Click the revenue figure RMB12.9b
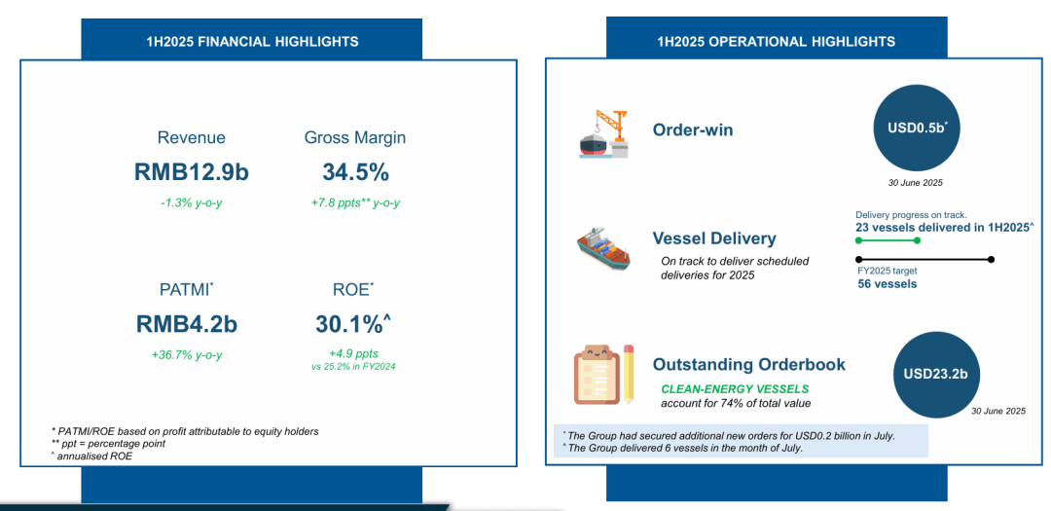point(191,172)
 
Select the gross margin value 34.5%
point(355,172)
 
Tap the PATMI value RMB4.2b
point(186,324)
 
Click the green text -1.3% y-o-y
point(192,202)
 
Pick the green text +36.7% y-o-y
point(187,354)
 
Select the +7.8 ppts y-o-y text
point(355,202)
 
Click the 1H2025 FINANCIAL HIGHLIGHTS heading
point(252,42)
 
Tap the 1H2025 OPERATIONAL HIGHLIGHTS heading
point(777,42)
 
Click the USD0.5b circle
point(917,128)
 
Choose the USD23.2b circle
point(936,374)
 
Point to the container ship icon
point(603,248)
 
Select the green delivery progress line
point(888,238)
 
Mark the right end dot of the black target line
point(991,260)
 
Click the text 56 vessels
point(888,283)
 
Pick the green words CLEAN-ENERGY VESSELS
point(735,389)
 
